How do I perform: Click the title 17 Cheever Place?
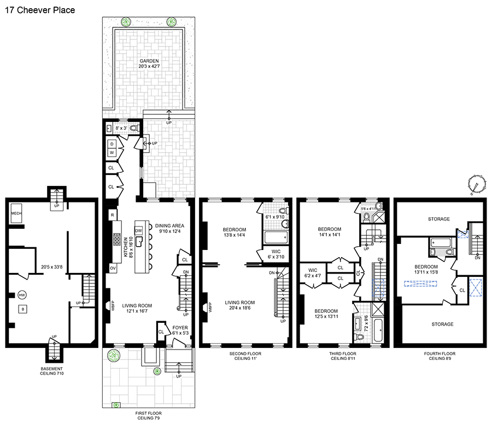tap(40, 10)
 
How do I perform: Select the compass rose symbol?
tap(476, 185)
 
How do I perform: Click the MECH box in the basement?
tap(16, 213)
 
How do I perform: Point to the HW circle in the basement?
tap(22, 295)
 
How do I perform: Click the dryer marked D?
tap(112, 144)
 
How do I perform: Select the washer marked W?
tap(112, 153)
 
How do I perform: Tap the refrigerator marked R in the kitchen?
tap(112, 215)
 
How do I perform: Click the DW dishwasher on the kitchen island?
tap(139, 230)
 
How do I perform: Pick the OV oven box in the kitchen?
tap(113, 268)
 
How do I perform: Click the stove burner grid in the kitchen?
tap(117, 239)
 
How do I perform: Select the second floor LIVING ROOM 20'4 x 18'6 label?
tap(240, 305)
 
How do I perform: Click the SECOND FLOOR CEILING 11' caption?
tap(245, 356)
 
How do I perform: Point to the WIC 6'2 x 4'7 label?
tap(313, 273)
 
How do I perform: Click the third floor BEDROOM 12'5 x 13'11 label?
tap(326, 313)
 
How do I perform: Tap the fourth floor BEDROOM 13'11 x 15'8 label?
tap(426, 270)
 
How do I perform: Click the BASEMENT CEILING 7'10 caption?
tap(52, 371)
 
